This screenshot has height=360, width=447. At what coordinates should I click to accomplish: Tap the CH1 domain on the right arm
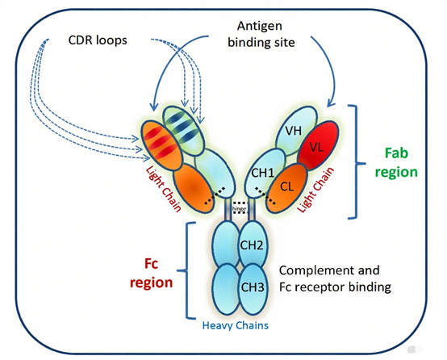(x=263, y=172)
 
